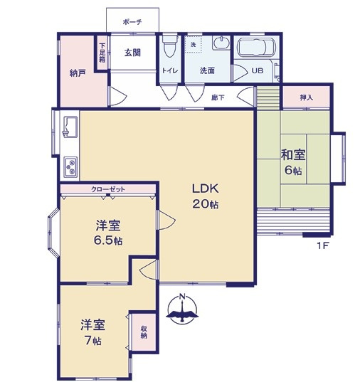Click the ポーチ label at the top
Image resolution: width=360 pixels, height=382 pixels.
pyautogui.click(x=132, y=22)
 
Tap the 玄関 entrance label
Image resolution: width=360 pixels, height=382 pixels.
pyautogui.click(x=132, y=52)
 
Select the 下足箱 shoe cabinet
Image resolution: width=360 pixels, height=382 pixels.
pyautogui.click(x=102, y=51)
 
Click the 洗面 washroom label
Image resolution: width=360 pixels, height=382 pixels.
pyautogui.click(x=207, y=70)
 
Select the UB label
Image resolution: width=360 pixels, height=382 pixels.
pyautogui.click(x=257, y=71)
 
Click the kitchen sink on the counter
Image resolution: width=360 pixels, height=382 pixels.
pyautogui.click(x=70, y=128)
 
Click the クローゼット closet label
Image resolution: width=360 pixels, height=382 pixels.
pyautogui.click(x=108, y=189)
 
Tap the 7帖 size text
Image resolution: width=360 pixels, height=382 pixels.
pyautogui.click(x=93, y=341)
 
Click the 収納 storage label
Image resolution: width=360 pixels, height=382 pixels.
pyautogui.click(x=144, y=331)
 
